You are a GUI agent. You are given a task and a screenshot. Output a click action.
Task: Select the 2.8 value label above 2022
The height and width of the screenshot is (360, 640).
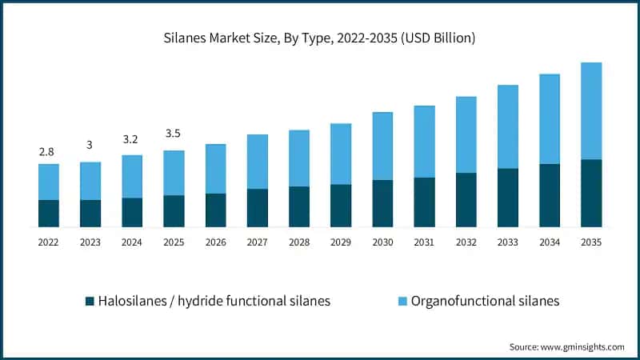(x=48, y=151)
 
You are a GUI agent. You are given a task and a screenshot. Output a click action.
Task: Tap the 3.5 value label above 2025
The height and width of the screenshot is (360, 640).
(x=174, y=134)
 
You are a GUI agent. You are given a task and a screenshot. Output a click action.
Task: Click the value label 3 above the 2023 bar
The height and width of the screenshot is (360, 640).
(x=90, y=145)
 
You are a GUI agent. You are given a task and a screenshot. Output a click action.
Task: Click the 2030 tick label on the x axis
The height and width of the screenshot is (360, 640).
(x=382, y=241)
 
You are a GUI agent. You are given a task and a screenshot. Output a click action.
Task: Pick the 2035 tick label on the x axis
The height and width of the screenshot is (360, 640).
(x=590, y=241)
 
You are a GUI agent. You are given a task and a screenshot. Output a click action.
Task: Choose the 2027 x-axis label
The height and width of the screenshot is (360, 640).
(x=257, y=241)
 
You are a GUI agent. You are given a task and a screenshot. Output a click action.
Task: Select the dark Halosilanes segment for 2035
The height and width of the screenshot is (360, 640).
(x=590, y=193)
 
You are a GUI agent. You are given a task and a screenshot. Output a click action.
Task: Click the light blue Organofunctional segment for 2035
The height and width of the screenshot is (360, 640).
(x=590, y=110)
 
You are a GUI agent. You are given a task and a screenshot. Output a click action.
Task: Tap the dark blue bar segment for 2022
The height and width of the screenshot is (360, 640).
(x=48, y=213)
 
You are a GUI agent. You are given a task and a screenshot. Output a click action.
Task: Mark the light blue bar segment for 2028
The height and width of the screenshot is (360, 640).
(x=298, y=158)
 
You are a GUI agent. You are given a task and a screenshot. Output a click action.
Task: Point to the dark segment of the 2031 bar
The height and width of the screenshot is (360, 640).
(x=424, y=202)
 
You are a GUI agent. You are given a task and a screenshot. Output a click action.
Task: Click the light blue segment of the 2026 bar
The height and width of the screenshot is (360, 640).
(x=215, y=168)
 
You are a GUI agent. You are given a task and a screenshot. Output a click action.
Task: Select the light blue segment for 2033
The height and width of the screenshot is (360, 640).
(x=507, y=126)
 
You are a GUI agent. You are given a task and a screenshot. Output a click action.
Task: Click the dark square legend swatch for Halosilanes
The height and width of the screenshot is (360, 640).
(x=90, y=302)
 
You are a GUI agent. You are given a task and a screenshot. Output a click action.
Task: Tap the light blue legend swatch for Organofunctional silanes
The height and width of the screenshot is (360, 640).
(x=402, y=302)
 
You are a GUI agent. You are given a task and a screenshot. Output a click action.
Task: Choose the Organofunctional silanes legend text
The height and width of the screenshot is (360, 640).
(x=485, y=302)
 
